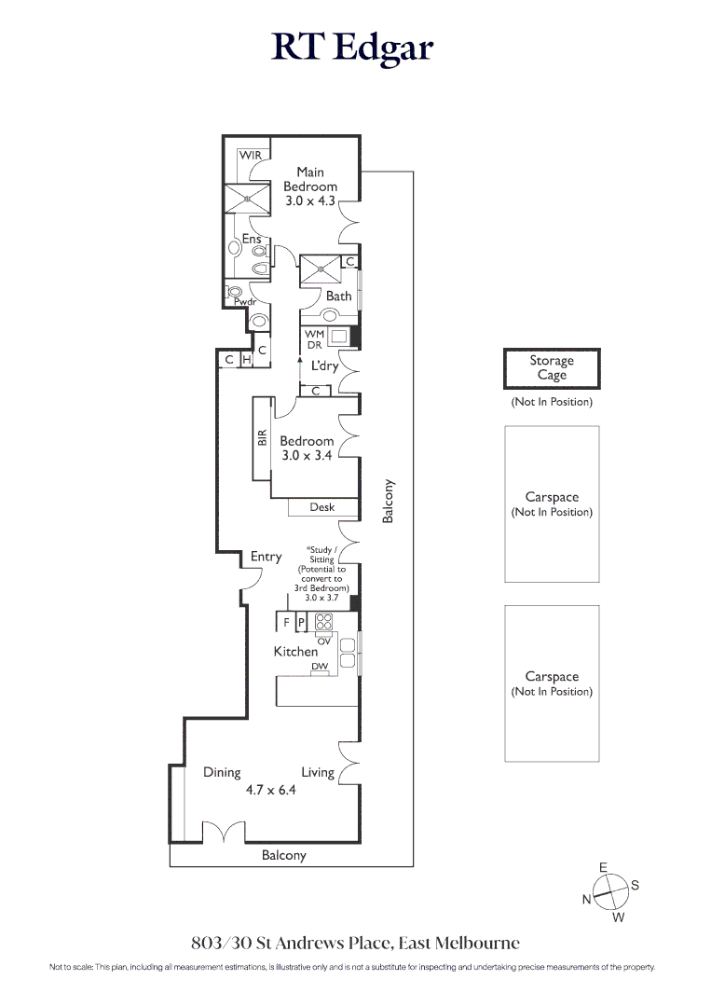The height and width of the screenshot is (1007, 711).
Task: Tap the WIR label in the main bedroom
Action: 251,156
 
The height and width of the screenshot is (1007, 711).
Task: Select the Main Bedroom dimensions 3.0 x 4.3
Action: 310,201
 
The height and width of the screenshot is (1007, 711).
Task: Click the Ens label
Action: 252,239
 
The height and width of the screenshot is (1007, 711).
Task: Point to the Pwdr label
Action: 245,302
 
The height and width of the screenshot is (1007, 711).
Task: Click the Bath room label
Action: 339,297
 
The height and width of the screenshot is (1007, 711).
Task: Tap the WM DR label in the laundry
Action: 314,339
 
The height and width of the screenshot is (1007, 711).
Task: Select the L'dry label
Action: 324,366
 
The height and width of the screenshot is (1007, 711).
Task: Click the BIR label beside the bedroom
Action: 262,438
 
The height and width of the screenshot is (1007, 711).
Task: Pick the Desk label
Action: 322,507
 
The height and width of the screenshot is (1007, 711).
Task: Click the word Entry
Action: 267,557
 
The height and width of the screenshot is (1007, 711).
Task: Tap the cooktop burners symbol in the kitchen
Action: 324,622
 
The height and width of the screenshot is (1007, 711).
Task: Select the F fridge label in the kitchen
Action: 286,622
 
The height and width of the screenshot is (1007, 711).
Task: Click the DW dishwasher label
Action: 320,667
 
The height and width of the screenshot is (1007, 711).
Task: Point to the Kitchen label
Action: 295,652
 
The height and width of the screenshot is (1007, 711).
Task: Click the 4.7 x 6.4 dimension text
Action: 271,791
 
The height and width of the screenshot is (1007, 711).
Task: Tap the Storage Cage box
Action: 552,368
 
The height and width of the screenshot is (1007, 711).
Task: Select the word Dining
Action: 222,773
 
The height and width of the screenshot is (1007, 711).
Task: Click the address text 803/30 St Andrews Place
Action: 292,943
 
